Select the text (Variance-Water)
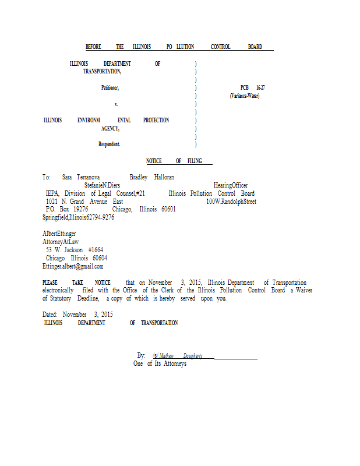[245, 96]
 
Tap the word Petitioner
[110, 87]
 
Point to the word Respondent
[109, 144]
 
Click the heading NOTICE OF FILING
[178, 161]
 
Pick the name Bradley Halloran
[152, 176]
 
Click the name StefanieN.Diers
[103, 185]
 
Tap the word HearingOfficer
[231, 185]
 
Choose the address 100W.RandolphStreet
[231, 202]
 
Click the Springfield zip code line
[78, 217]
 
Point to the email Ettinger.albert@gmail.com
[73, 266]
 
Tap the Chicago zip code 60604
[100, 258]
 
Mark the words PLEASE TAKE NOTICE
[76, 283]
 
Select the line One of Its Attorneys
[160, 363]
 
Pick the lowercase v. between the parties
[116, 104]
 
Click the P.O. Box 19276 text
[66, 209]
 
